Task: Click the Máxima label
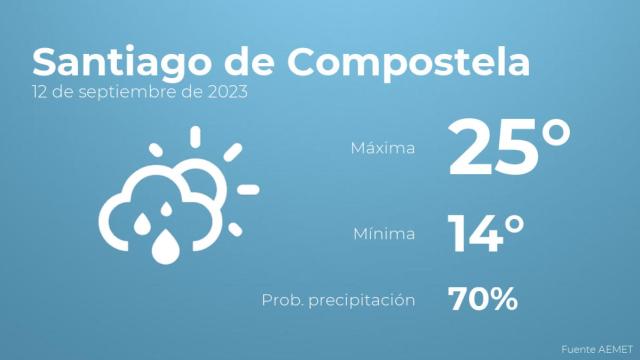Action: click(381, 149)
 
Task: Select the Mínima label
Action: click(383, 234)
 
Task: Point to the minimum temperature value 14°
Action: click(487, 234)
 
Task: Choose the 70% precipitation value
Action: click(482, 298)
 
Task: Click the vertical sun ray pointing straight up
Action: click(196, 136)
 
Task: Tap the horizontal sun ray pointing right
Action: click(249, 189)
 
